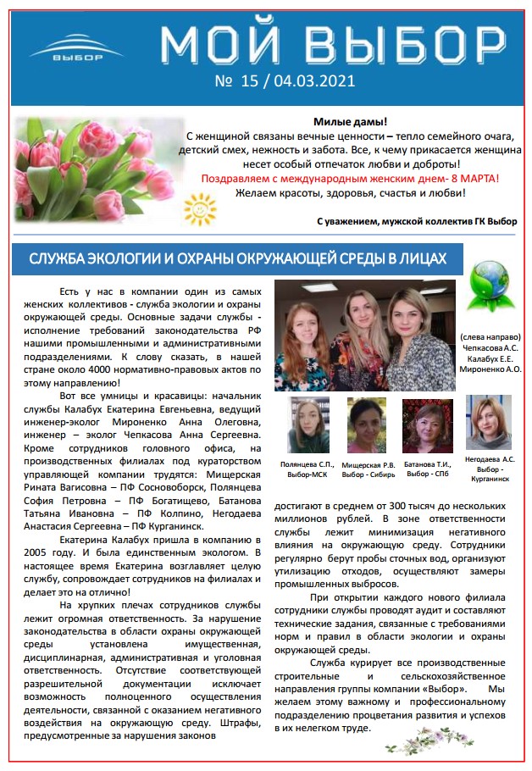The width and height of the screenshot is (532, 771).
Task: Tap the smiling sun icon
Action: pyautogui.click(x=201, y=206)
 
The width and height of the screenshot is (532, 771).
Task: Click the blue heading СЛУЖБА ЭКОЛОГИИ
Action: pyautogui.click(x=238, y=258)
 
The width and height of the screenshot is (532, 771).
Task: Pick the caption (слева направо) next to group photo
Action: pyautogui.click(x=490, y=337)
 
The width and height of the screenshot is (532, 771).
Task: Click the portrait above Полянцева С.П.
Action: pyautogui.click(x=308, y=424)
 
